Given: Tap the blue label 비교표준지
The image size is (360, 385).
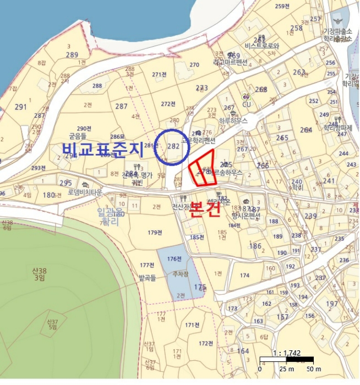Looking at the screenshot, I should click(102, 148).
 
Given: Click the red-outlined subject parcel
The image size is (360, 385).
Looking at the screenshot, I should click(201, 173).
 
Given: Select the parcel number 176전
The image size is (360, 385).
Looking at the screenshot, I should click(174, 258).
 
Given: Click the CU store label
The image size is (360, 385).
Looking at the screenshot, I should click(247, 105).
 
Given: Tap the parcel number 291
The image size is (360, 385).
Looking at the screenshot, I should click(21, 107).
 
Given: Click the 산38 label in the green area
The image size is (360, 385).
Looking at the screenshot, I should click(39, 273).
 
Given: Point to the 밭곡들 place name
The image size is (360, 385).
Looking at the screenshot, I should click(148, 278).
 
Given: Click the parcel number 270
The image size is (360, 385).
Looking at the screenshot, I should click(194, 65).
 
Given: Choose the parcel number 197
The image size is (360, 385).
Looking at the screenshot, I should click(332, 304).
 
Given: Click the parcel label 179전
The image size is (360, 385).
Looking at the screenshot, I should click(155, 233).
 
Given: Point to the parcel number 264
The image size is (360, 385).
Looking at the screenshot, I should click(306, 130).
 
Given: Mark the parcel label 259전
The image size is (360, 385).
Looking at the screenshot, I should click(282, 6).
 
